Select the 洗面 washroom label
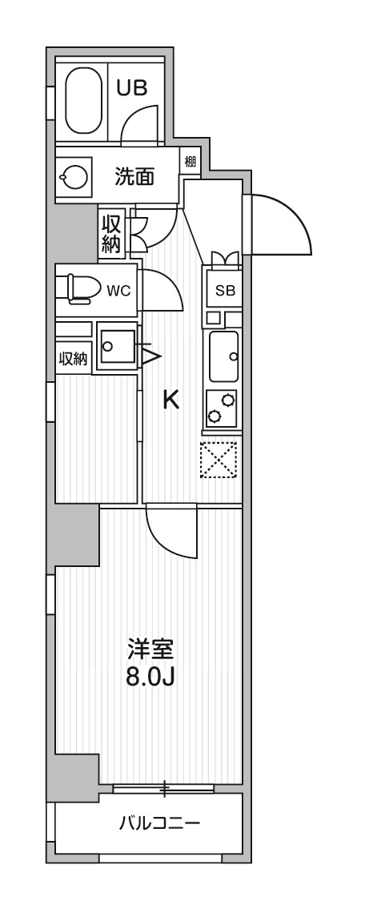[134, 177]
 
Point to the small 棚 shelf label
[190, 161]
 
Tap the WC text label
[118, 290]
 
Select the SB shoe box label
[225, 291]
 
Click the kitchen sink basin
[223, 356]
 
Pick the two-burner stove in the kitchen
[221, 408]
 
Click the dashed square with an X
[219, 460]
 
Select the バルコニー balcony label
[160, 823]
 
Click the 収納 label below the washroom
[111, 234]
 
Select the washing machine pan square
[116, 346]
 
